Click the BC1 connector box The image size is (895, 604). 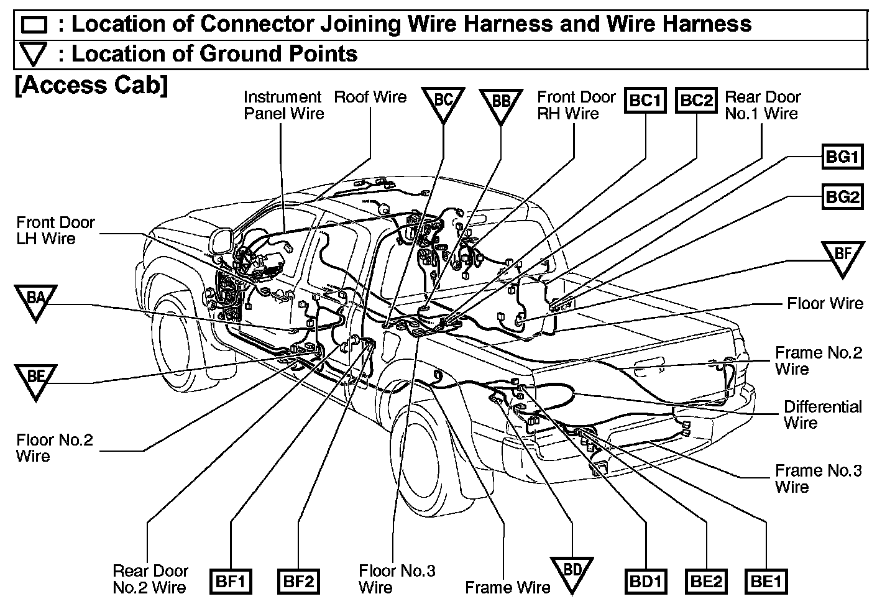(x=645, y=100)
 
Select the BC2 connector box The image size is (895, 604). (x=696, y=100)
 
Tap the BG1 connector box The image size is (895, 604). (x=842, y=157)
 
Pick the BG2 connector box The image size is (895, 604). (x=842, y=198)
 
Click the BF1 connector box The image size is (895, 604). (x=231, y=582)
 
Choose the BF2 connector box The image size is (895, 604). (x=299, y=582)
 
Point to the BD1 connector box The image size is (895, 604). (x=645, y=582)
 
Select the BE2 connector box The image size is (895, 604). (x=707, y=582)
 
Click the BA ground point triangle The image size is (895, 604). (x=35, y=300)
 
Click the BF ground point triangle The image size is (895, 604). (x=842, y=256)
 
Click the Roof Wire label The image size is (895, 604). (x=370, y=98)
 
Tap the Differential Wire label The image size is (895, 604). (x=822, y=414)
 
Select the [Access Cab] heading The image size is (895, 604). (x=91, y=85)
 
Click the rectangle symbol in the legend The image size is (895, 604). (x=34, y=25)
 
